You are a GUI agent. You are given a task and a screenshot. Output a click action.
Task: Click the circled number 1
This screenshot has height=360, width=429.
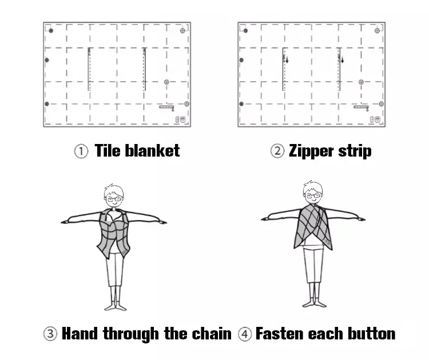81,151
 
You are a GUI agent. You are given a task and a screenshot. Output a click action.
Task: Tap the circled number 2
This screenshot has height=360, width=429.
277,151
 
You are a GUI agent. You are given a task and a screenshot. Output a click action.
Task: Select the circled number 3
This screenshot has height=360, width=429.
50,334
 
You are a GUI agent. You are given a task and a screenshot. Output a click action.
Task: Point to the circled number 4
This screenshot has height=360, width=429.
245,334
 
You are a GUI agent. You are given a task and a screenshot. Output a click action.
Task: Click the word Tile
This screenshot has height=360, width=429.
108,150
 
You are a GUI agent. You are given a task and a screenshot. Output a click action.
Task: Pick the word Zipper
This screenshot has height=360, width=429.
311,151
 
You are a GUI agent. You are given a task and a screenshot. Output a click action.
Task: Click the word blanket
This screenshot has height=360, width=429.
152,150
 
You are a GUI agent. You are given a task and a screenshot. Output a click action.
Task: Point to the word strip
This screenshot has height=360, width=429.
355,151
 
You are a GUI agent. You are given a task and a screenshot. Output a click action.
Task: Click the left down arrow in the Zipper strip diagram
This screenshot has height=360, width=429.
287,60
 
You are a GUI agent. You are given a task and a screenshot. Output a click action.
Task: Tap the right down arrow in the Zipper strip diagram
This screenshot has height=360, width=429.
342,60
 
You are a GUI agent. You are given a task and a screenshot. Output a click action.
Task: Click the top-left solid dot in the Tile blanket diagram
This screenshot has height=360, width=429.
51,31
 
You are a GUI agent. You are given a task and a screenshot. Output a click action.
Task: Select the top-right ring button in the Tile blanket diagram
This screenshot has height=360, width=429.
182,31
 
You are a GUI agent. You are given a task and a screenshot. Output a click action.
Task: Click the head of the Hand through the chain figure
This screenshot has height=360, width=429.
114,195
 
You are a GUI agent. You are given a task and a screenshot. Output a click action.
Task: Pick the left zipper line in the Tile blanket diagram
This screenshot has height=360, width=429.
89,69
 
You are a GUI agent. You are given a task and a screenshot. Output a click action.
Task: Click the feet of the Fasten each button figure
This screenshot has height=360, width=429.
314,303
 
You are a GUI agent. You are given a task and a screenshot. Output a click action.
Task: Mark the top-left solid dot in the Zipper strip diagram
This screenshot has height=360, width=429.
245,31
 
